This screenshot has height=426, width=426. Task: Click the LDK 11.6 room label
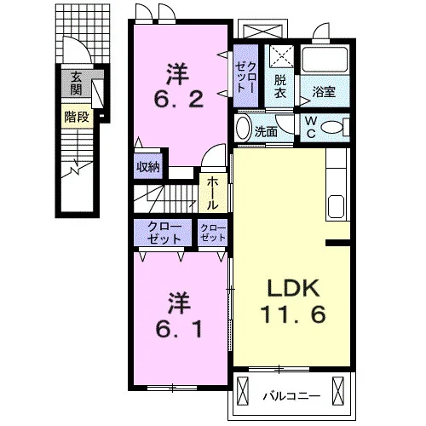point(292,302)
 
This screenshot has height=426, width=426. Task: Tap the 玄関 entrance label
point(76,83)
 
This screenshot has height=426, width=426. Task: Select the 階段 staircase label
point(77,117)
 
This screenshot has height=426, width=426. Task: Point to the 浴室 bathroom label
point(324,91)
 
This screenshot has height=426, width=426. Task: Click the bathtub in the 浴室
point(325,60)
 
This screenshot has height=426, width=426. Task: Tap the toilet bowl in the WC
point(331,128)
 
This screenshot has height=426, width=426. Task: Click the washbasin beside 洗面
point(243,128)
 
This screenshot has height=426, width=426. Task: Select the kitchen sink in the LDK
point(336,206)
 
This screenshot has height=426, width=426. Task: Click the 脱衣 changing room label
point(279,87)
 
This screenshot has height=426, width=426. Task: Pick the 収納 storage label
point(148,167)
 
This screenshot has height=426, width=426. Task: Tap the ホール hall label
point(212,193)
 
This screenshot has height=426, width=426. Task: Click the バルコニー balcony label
point(291,395)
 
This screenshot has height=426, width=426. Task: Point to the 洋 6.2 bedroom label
point(179,85)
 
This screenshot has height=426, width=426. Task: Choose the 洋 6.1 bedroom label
point(179,315)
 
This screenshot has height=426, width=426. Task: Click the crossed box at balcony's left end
point(243,391)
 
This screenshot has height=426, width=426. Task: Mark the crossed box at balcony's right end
point(338,391)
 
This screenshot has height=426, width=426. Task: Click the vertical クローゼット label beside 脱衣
point(246,77)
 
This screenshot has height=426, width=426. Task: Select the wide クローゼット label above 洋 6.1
point(164,233)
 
